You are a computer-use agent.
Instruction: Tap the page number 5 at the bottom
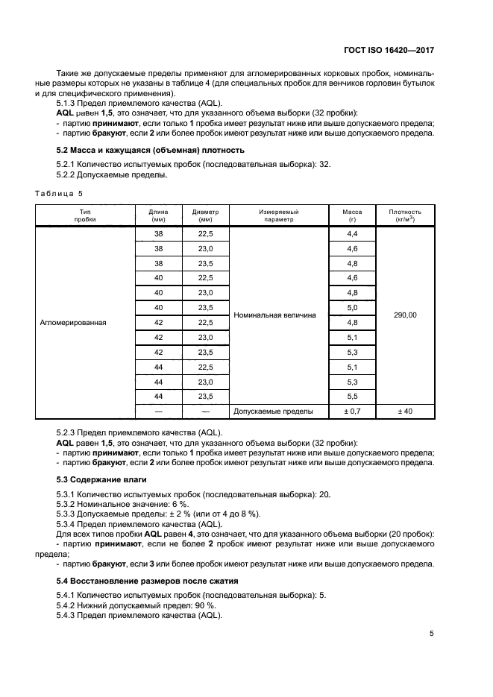point(431,634)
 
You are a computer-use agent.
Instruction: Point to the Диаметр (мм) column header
point(205,215)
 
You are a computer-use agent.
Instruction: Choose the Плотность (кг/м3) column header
point(405,215)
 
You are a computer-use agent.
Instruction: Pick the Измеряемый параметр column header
point(276,215)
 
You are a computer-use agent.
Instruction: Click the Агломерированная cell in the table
point(74,323)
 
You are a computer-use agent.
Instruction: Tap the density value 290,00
point(405,315)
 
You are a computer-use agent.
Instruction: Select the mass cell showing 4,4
point(352,234)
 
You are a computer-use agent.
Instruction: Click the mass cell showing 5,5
point(352,396)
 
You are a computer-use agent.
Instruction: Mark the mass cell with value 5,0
point(352,308)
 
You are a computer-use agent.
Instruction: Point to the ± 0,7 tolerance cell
point(352,411)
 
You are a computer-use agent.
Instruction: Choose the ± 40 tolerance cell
point(405,411)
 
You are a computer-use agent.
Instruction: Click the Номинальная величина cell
point(274,315)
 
